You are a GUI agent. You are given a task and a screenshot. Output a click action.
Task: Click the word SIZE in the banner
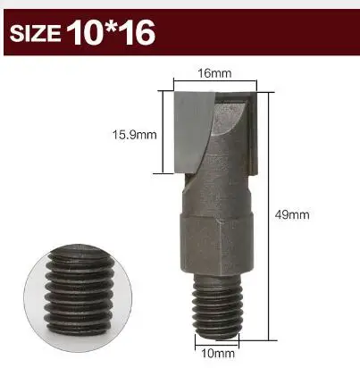click(35, 33)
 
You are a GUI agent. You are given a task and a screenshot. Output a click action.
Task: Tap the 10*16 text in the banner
click(111, 32)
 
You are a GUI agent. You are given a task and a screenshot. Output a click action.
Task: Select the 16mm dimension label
click(214, 73)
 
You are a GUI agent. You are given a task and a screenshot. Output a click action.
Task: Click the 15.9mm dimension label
click(134, 135)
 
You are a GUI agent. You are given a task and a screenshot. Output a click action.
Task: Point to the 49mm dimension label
click(292, 214)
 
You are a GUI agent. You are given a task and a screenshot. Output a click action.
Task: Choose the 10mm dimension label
click(218, 354)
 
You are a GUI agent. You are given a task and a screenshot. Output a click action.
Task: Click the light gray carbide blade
click(194, 132)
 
